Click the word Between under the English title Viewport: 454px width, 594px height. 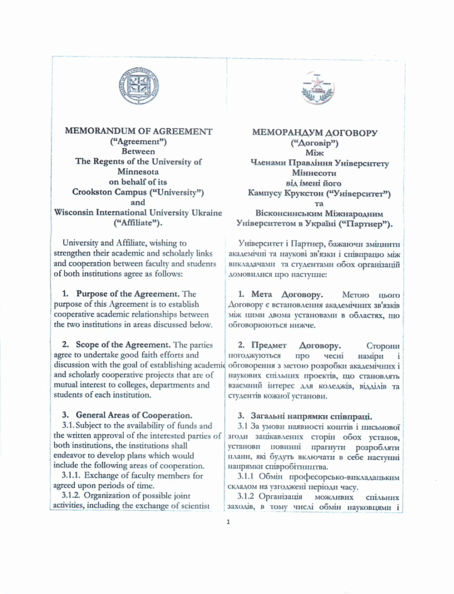coord(138,151)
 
